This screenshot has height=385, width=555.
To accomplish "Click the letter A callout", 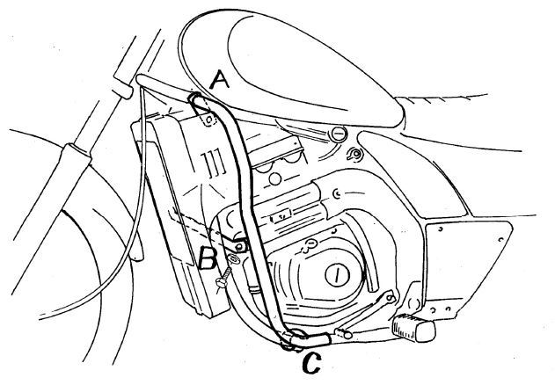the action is [x=220, y=79].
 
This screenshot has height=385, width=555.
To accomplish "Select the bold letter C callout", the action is [x=312, y=363].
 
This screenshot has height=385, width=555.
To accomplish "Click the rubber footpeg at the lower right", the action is [x=413, y=328].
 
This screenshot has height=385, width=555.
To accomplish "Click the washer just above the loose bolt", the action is [x=234, y=259].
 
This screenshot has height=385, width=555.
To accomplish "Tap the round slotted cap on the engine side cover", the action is [x=337, y=274].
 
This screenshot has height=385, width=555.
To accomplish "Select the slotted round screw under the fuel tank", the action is [x=338, y=134].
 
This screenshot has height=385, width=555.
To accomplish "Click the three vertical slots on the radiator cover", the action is [x=213, y=163].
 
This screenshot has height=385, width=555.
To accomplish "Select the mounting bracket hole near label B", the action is [x=240, y=246].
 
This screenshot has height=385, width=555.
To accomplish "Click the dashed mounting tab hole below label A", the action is [x=209, y=118].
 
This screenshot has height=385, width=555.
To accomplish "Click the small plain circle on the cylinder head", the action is [x=275, y=178].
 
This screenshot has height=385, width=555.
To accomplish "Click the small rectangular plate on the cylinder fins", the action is [x=281, y=214].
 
